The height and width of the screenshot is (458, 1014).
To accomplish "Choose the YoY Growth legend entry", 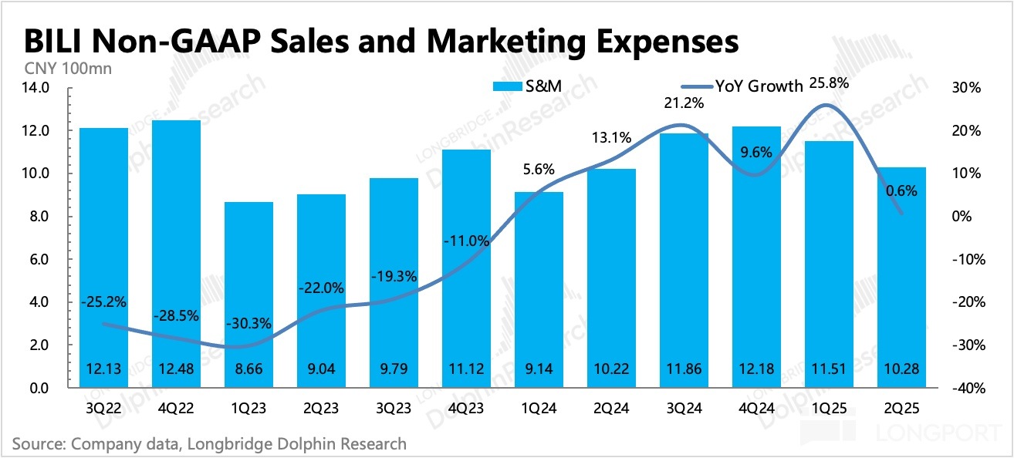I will pyautogui.click(x=738, y=86).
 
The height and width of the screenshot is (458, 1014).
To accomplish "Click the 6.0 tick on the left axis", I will pyautogui.click(x=39, y=259).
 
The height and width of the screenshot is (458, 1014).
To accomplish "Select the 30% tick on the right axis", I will pyautogui.click(x=966, y=88).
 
